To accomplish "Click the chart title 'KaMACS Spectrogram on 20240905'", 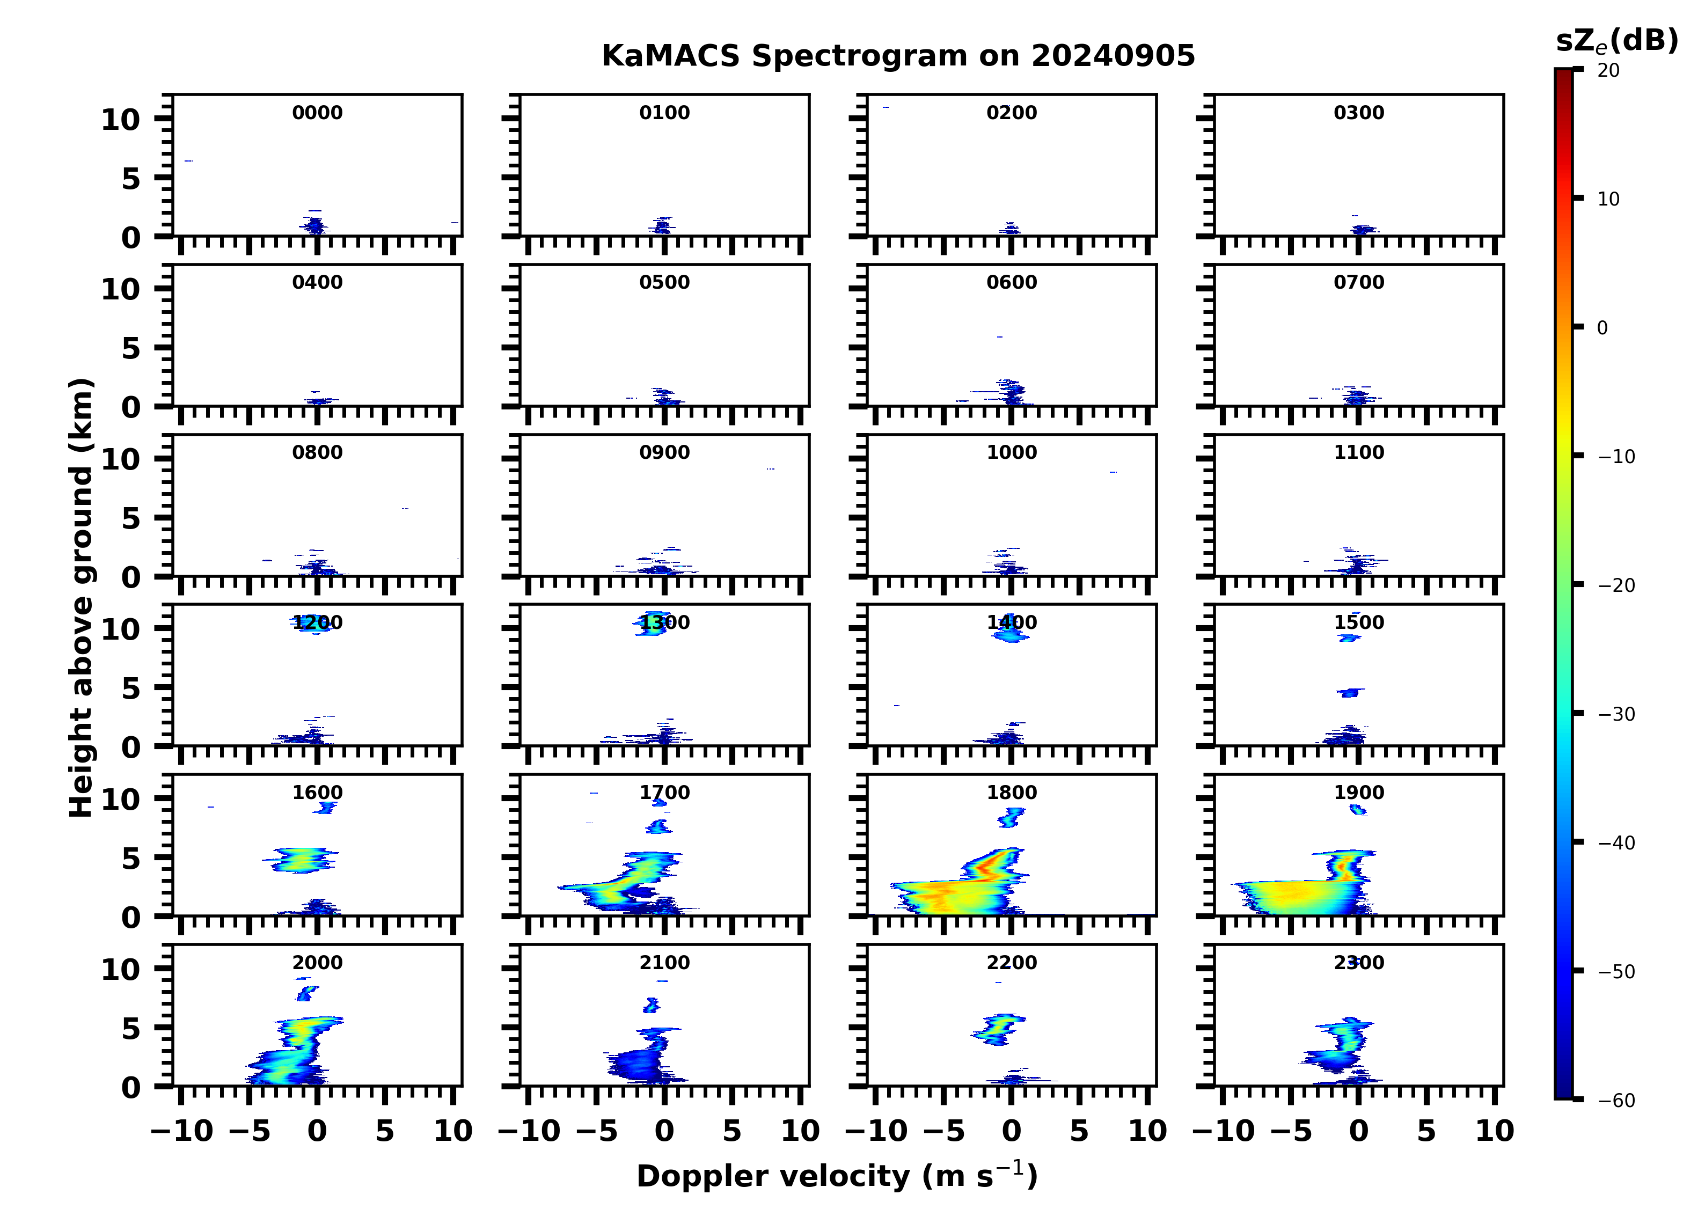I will click(898, 56).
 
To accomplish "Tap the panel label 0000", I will click(317, 113).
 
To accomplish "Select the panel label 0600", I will click(1011, 283).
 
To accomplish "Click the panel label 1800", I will click(1011, 793).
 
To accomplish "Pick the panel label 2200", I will click(1011, 963).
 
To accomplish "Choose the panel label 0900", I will click(664, 452).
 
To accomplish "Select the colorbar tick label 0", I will click(1602, 328).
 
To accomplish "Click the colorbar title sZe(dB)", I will click(1616, 41).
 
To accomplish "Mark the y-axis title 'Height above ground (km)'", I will click(81, 598).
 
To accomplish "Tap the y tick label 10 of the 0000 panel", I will click(120, 120).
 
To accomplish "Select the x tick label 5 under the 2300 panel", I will click(1426, 1131).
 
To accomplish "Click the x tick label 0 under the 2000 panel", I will click(317, 1131).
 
